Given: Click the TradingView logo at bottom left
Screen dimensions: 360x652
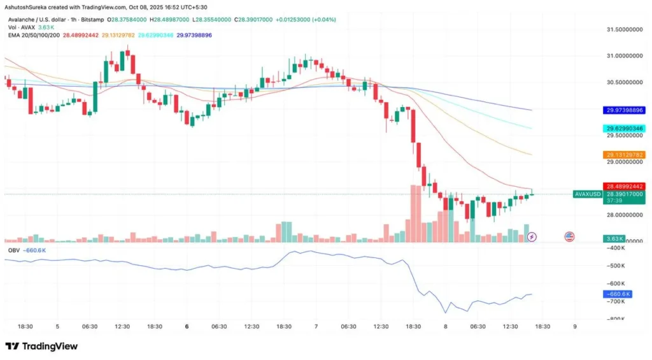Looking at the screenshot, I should pos(41,346).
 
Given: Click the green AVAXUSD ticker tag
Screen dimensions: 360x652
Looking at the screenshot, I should pos(587,194).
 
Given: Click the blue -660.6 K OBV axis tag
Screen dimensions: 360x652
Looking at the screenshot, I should pos(616,294).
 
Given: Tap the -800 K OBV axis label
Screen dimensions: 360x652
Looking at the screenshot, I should pos(616,319).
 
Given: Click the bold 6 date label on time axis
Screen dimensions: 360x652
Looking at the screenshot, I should pos(187,326).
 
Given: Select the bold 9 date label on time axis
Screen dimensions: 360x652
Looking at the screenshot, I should pos(576,326).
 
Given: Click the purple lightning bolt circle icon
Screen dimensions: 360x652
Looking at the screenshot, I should pos(532,236).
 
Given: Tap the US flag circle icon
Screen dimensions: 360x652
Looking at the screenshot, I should pos(569,236).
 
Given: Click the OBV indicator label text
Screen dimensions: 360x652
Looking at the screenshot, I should pos(13,250).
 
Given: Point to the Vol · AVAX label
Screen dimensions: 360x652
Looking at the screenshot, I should pos(20,27).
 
